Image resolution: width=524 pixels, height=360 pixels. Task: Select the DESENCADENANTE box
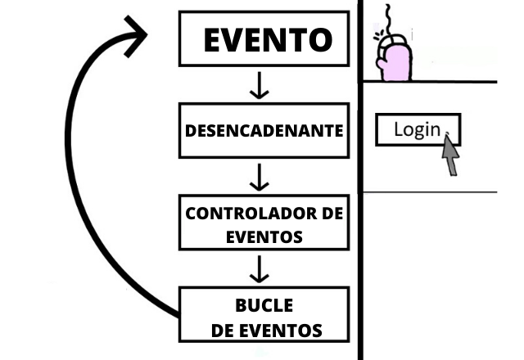pos(263,131)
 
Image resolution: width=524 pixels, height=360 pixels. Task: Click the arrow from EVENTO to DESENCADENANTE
pos(260,85)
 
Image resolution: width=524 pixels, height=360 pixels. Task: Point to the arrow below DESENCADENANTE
pos(260,176)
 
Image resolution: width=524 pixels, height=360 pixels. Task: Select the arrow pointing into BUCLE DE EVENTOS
pos(260,268)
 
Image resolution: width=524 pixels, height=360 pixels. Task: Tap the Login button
pos(418,129)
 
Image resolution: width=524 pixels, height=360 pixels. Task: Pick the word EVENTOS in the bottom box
pos(278,330)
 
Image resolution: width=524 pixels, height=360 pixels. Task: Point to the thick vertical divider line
pos(360,245)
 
